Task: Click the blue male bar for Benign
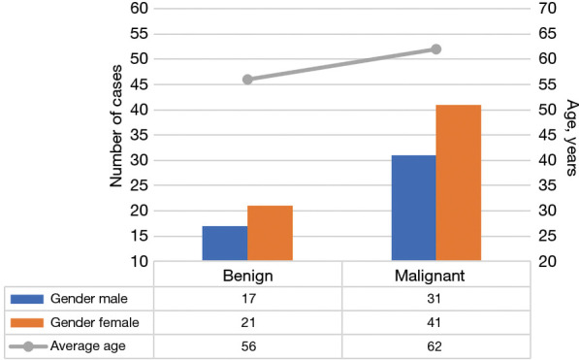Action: pyautogui.click(x=224, y=244)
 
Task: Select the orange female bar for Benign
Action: pyautogui.click(x=270, y=234)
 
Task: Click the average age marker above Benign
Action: pyautogui.click(x=247, y=80)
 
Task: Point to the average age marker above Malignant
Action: pyautogui.click(x=436, y=49)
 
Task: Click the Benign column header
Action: pyautogui.click(x=247, y=276)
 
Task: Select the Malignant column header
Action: pyautogui.click(x=435, y=276)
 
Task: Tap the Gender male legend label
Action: pyautogui.click(x=94, y=297)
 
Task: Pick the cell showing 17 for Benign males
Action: pyautogui.click(x=247, y=297)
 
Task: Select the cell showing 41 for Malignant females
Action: pyautogui.click(x=435, y=321)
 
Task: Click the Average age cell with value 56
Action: pyautogui.click(x=247, y=344)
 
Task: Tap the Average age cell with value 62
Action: pyautogui.click(x=435, y=344)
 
